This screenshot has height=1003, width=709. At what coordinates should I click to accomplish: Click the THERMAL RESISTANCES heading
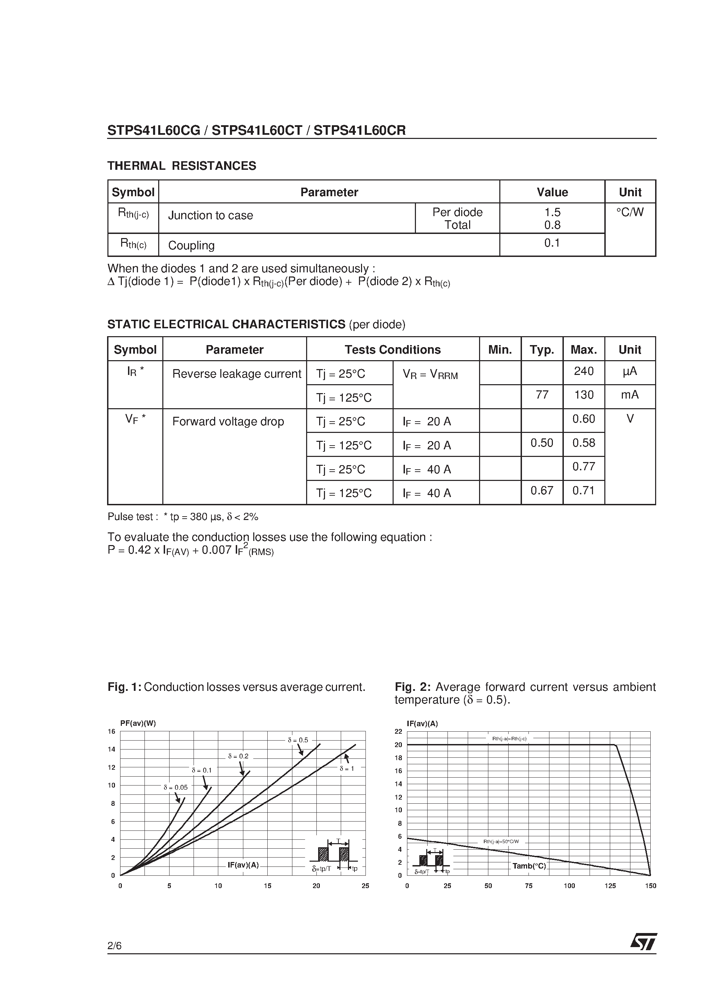[x=182, y=166]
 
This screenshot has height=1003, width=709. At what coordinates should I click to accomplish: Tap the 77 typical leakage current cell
[x=542, y=395]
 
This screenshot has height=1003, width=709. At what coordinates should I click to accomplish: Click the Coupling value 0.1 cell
[x=552, y=243]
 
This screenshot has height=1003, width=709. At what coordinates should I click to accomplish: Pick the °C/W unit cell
[x=630, y=212]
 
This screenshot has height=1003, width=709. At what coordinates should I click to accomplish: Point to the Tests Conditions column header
[x=392, y=350]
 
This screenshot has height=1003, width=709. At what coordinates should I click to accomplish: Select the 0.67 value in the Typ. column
[x=542, y=491]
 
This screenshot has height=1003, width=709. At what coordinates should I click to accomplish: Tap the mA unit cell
[x=630, y=395]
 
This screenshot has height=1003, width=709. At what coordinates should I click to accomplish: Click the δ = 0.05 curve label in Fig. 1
[x=175, y=787]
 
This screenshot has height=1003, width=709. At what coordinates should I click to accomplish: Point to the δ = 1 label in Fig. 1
[x=347, y=768]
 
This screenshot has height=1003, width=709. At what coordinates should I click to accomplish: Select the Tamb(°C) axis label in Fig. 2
[x=529, y=866]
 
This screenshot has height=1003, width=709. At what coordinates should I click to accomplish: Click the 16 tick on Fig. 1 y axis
[x=112, y=732]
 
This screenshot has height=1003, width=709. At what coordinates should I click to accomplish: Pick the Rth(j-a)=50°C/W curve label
[x=501, y=841]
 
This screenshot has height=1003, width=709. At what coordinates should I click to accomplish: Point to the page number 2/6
[x=115, y=946]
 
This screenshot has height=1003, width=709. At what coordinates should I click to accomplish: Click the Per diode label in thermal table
[x=457, y=212]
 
